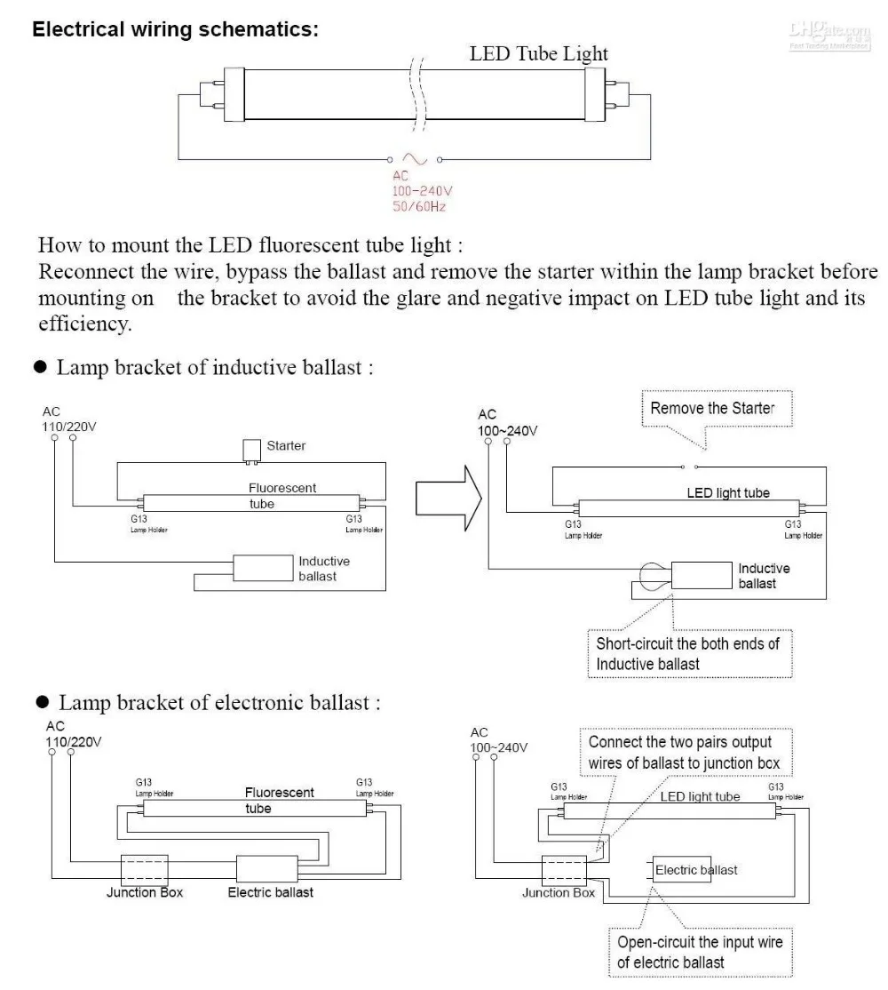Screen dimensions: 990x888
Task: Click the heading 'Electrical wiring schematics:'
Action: [x=176, y=29]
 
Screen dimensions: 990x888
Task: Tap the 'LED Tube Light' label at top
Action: [x=538, y=53]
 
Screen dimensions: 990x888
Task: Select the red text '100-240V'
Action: [x=423, y=191]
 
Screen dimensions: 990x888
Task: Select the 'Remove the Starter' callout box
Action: [x=712, y=410]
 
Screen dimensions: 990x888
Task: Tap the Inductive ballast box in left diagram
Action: [x=263, y=569]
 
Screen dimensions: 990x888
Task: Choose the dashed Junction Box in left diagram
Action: [x=144, y=868]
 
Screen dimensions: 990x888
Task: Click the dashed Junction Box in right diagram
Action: [x=564, y=868]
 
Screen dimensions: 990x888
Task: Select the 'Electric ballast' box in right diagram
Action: [x=695, y=869]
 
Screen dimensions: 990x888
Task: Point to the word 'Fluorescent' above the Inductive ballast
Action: [x=281, y=488]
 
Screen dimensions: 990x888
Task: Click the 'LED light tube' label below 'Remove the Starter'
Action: [x=728, y=492]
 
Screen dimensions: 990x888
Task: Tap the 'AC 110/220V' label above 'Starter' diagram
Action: [x=68, y=419]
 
